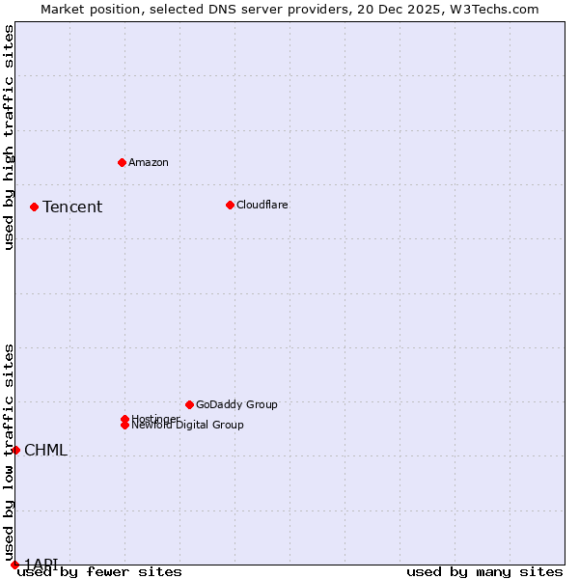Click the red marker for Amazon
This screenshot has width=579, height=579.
(x=122, y=162)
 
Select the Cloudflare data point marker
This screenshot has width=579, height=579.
(x=230, y=205)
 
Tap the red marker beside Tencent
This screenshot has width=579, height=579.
(x=34, y=207)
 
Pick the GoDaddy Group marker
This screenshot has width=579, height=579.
(x=189, y=404)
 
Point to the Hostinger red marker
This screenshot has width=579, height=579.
(x=124, y=419)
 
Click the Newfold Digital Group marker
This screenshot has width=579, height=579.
(x=124, y=425)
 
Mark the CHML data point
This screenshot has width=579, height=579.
(x=15, y=450)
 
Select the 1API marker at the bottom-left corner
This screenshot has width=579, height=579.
(x=14, y=565)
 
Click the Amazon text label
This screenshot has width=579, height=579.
(x=149, y=162)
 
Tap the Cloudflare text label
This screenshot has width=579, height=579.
(x=262, y=205)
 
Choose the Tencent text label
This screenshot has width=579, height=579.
(x=72, y=207)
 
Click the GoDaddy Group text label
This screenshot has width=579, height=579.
(x=236, y=404)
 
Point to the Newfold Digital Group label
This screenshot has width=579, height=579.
(x=188, y=426)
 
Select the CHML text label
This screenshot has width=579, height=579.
(x=45, y=450)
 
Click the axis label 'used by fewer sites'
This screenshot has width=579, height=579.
(x=99, y=572)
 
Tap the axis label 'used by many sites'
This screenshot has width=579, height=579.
(x=484, y=572)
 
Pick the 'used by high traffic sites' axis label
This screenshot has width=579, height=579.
(x=10, y=138)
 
